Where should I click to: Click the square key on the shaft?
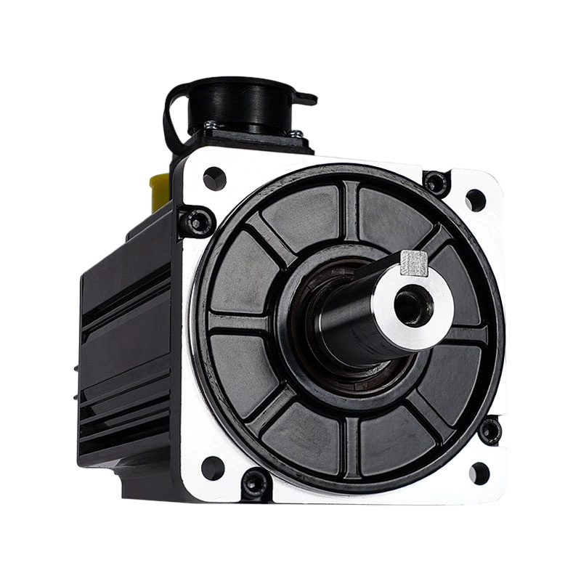(x=413, y=262)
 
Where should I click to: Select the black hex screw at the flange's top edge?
(x=436, y=181)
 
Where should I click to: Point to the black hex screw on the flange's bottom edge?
(x=255, y=480)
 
